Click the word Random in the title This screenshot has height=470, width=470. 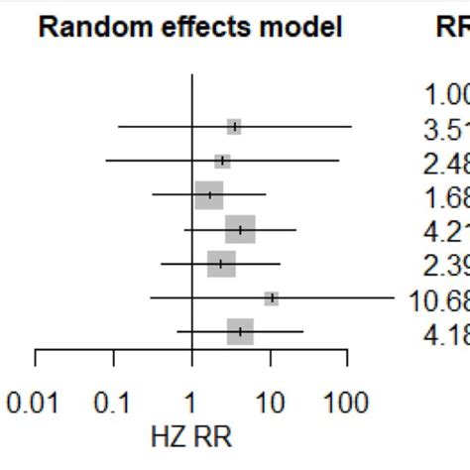coord(85,28)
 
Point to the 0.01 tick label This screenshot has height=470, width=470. coord(35,405)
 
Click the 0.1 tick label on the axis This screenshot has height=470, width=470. coord(112,405)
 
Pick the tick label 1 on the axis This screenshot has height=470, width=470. coord(190,405)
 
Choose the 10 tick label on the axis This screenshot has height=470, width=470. coord(269,405)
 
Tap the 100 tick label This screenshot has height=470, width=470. coord(346,405)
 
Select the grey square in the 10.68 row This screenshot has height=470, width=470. coord(272,298)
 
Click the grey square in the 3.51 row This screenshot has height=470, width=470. coord(234,127)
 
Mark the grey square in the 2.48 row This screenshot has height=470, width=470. coord(222,161)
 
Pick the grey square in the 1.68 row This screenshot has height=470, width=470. coord(209,195)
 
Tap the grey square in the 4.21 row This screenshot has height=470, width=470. coord(240,229)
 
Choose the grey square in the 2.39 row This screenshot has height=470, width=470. coord(221,264)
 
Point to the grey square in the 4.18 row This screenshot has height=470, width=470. coord(240,332)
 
